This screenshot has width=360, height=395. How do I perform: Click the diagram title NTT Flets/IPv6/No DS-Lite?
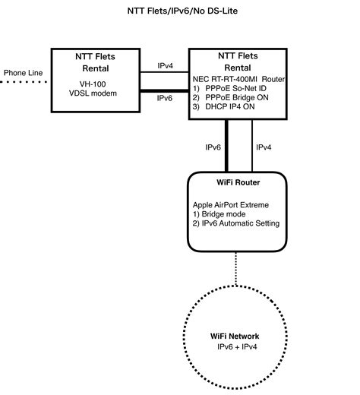pos(180,13)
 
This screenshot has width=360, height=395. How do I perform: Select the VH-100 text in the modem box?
pos(96,85)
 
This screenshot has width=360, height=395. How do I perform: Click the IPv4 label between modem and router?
pos(165,66)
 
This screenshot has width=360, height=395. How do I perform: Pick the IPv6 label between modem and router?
pos(165,98)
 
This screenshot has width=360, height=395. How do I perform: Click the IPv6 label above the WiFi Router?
pos(213,147)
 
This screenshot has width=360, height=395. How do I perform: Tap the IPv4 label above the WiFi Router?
pos(264,147)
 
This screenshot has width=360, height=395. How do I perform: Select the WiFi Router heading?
pos(238,182)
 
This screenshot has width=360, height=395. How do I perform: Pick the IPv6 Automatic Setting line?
pos(236,223)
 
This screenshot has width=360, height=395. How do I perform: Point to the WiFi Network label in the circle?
pos(234,336)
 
